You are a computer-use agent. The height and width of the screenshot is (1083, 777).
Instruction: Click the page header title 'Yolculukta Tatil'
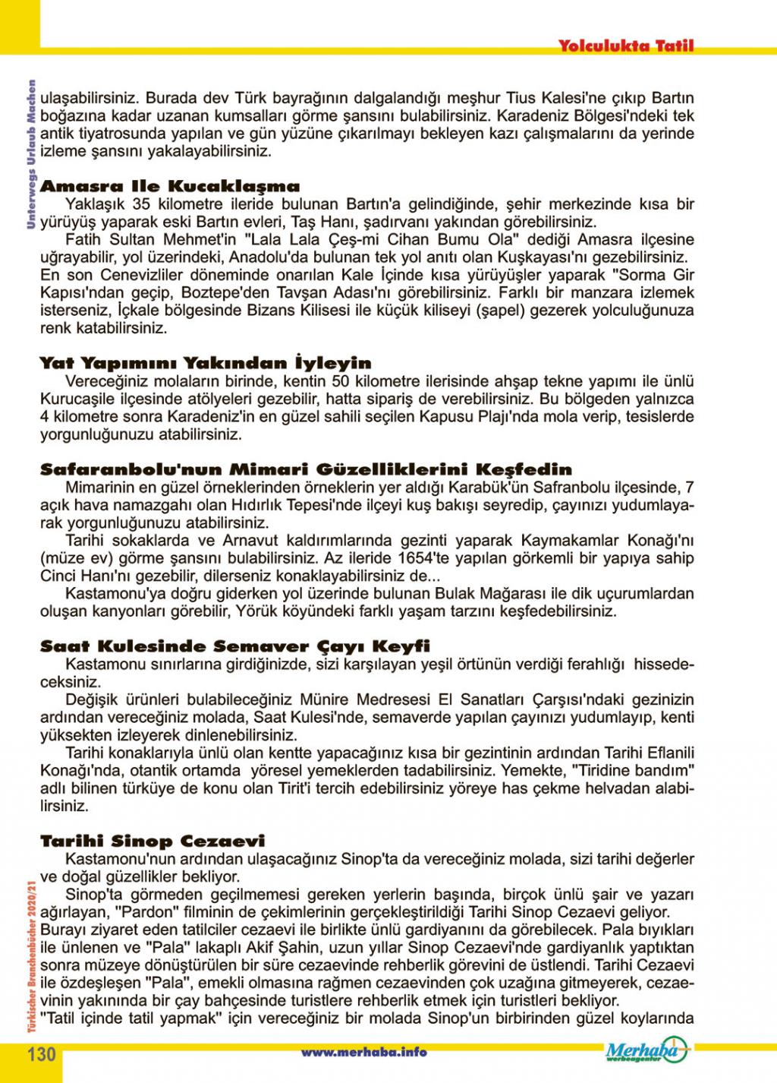[625, 46]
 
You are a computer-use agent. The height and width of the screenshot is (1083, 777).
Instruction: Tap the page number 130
[42, 1053]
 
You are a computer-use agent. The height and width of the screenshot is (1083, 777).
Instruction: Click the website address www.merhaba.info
[363, 1052]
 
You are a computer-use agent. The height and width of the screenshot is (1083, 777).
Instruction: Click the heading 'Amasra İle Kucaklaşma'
[170, 186]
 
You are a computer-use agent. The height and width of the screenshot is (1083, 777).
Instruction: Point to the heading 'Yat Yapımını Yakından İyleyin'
[206, 363]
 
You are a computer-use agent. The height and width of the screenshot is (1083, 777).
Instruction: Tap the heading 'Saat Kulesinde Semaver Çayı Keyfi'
[235, 646]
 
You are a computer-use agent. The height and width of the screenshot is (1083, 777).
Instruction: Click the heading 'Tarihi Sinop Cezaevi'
[153, 841]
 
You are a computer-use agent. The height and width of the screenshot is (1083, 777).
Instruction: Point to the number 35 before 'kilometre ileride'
[140, 204]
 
